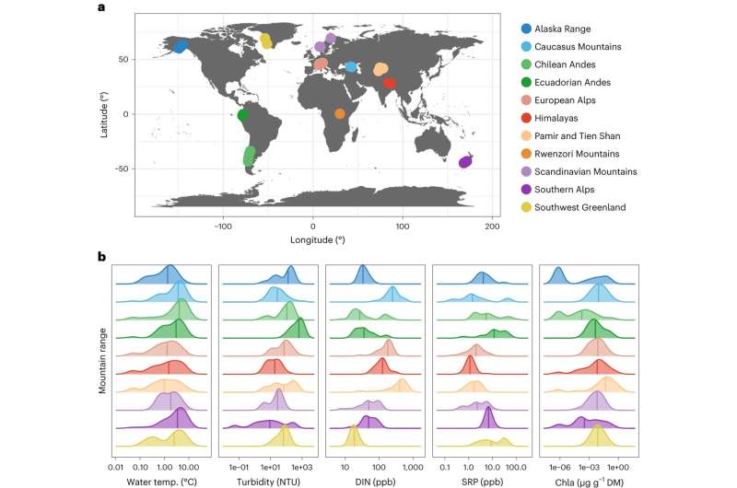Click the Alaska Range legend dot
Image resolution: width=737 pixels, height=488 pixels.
[526, 29]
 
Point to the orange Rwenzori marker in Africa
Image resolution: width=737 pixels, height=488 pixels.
[340, 114]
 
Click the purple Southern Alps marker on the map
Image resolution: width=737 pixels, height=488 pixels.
[465, 162]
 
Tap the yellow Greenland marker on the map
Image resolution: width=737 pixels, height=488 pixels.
[266, 41]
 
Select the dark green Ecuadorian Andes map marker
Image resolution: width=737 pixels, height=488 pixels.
[243, 116]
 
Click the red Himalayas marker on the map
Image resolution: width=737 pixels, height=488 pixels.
[390, 83]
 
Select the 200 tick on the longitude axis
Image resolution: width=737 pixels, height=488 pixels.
[492, 227]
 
